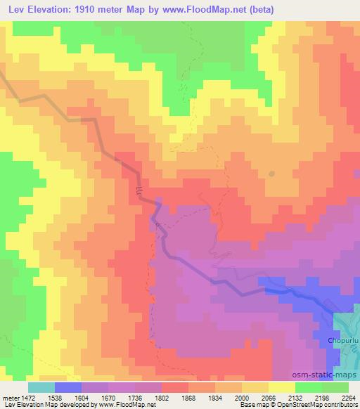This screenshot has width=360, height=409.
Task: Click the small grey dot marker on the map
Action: coord(271,173)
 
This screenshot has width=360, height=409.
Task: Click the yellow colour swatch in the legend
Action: coord(282,387)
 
